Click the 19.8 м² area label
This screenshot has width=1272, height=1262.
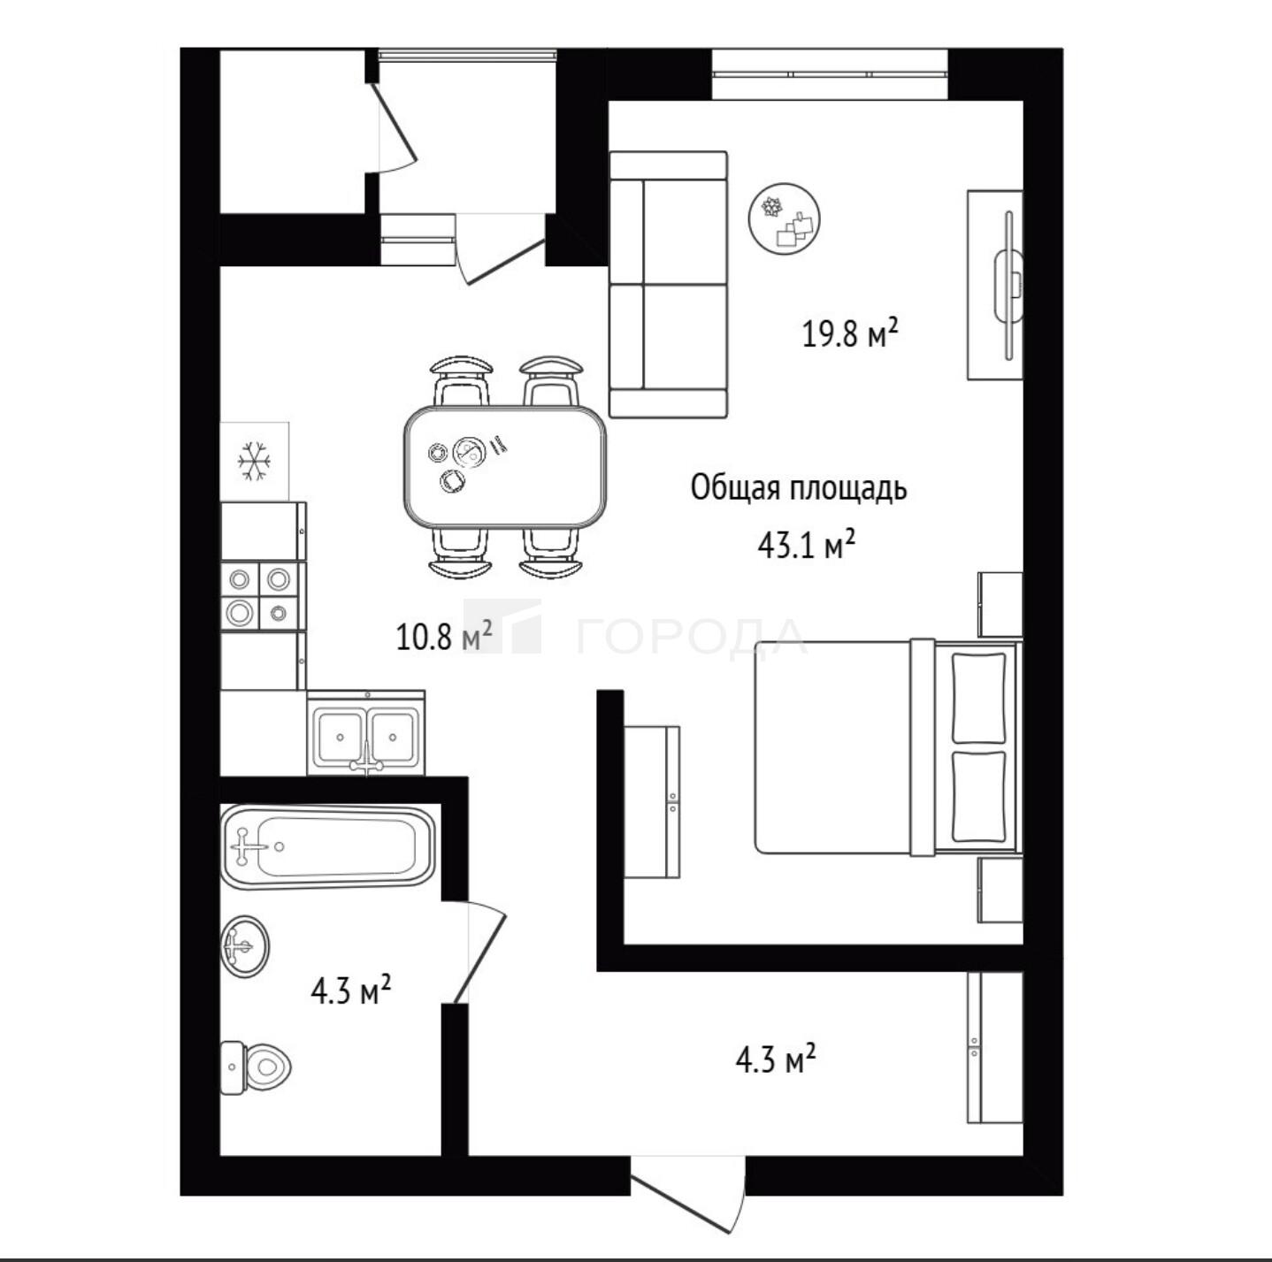(849, 333)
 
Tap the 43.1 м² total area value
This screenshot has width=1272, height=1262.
(807, 546)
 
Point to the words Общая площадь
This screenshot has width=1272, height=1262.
(799, 489)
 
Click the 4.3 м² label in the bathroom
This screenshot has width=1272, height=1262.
(351, 991)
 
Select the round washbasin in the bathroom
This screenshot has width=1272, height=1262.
(245, 945)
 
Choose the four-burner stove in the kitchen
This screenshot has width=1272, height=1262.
(263, 596)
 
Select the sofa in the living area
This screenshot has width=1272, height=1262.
(668, 285)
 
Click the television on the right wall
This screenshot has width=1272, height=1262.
(1008, 285)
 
